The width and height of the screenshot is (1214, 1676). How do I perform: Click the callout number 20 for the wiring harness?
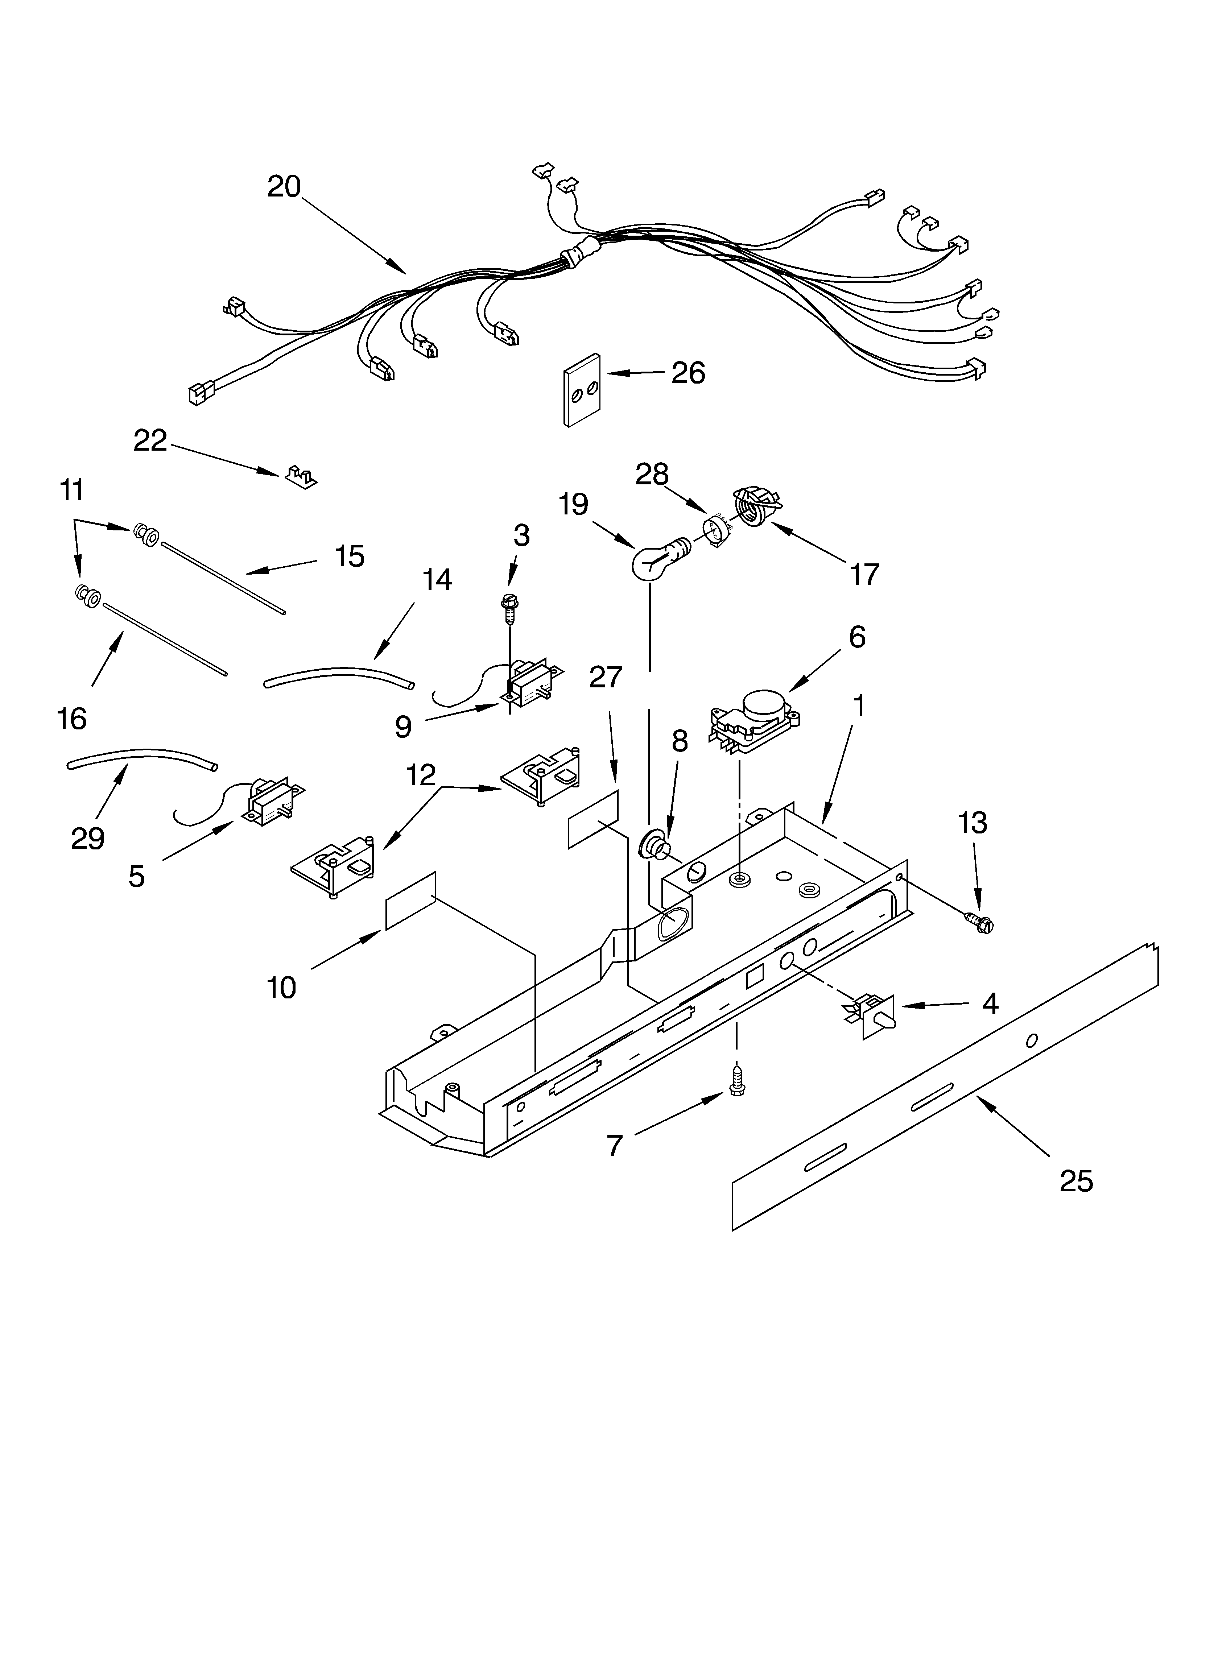[284, 187]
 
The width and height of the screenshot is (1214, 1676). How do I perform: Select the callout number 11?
[72, 491]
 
